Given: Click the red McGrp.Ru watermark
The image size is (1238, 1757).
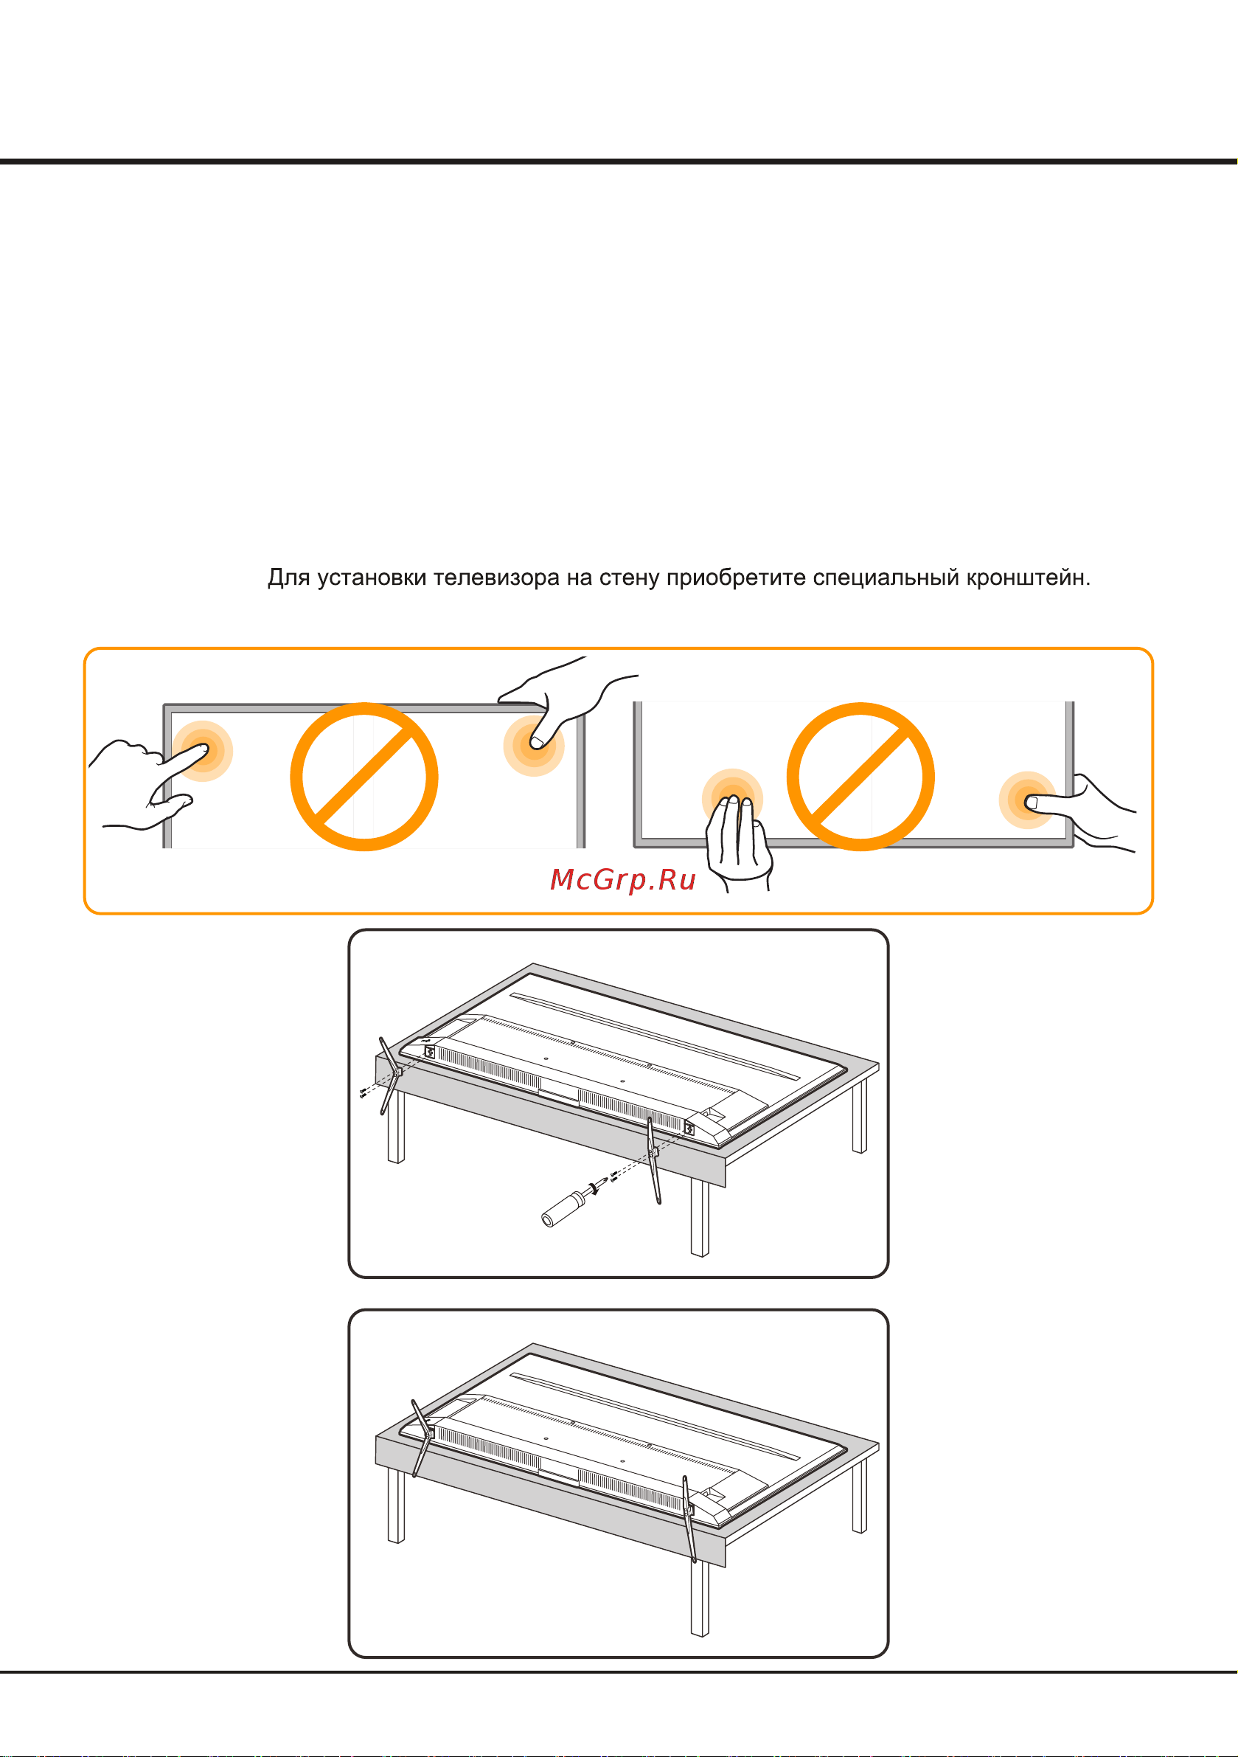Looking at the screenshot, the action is click(623, 880).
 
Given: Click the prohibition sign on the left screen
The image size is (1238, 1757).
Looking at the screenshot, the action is click(364, 777).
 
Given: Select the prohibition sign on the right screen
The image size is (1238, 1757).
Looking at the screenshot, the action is click(860, 777).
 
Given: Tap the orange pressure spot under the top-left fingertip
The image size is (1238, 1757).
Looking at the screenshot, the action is click(202, 751).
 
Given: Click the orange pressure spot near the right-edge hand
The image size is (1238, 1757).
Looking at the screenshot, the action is click(1028, 800).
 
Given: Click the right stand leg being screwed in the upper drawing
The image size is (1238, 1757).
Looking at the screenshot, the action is click(653, 1160).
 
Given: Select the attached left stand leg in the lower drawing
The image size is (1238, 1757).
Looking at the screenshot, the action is click(422, 1438).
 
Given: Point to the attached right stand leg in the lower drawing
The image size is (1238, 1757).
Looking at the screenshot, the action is click(689, 1519).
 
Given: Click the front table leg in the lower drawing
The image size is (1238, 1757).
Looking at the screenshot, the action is click(699, 1598).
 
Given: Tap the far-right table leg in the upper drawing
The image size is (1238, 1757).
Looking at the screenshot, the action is click(860, 1117).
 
